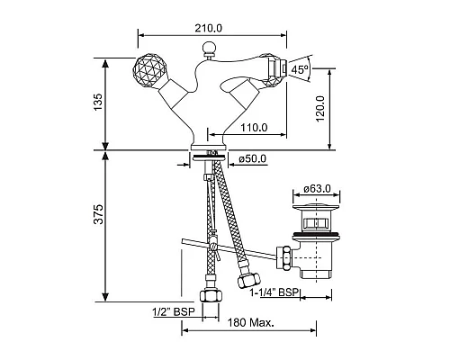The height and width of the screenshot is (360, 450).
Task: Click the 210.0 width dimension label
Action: pos(209,28)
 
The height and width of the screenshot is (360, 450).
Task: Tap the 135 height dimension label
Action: pos(98,102)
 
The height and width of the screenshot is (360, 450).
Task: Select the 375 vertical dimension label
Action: pos(98,214)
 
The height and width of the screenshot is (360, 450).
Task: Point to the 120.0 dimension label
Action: pos(320,108)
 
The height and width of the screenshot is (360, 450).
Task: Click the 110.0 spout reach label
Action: pos(254,128)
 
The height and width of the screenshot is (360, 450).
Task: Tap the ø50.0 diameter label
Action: pos(253,158)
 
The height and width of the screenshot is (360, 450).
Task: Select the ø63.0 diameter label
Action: pos(317,189)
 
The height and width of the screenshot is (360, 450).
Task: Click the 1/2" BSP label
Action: pos(174,312)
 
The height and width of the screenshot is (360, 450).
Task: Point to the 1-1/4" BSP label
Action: pos(274,292)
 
